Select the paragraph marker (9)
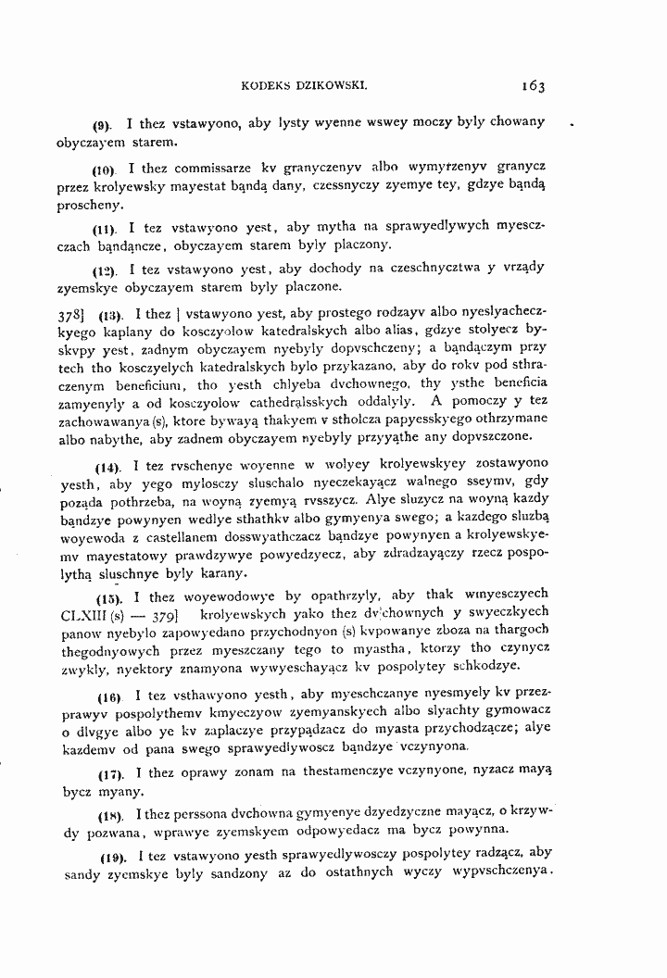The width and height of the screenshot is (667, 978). click(x=102, y=124)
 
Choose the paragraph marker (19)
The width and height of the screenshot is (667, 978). click(x=109, y=853)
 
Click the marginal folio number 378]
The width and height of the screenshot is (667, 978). click(x=72, y=314)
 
